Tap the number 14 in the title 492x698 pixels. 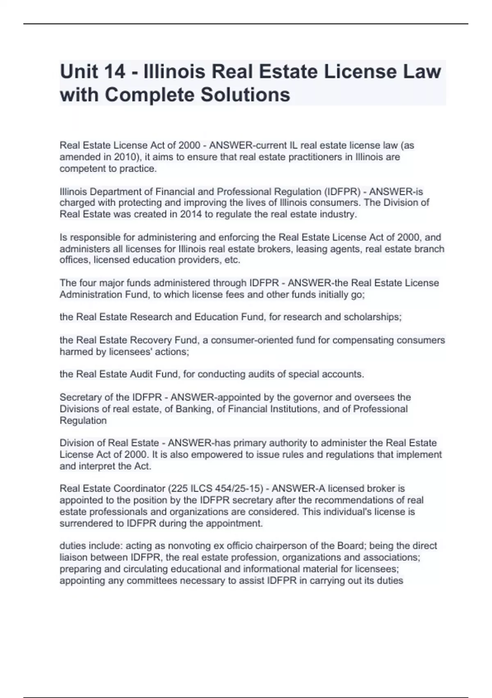pos(114,71)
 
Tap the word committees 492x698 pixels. pos(152,581)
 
